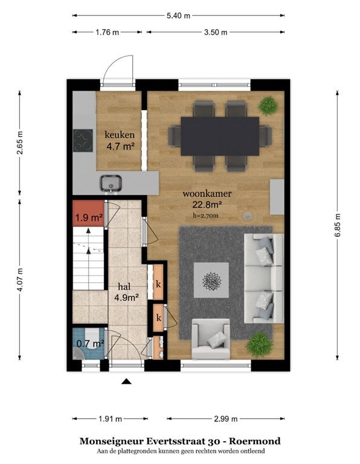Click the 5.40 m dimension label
pyautogui.click(x=178, y=15)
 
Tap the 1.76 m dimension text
pyautogui.click(x=107, y=32)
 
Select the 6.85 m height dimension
pyautogui.click(x=338, y=225)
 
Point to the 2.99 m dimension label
pyautogui.click(x=225, y=419)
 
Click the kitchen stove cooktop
pyautogui.click(x=83, y=141)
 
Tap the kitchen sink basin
pyautogui.click(x=111, y=183)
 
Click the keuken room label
pyautogui.click(x=120, y=135)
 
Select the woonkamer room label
pyautogui.click(x=207, y=194)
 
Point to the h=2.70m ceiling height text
pyautogui.click(x=205, y=216)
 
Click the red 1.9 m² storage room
pyautogui.click(x=88, y=213)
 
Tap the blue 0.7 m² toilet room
pyautogui.click(x=88, y=343)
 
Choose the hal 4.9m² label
pyautogui.click(x=126, y=292)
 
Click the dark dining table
pyautogui.click(x=220, y=136)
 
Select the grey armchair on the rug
pyautogui.click(x=211, y=339)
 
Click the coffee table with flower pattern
pyautogui.click(x=211, y=280)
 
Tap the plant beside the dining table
pyautogui.click(x=268, y=105)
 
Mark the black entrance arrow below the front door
pyautogui.click(x=126, y=381)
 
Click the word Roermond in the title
pyautogui.click(x=255, y=441)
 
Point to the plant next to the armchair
pyautogui.click(x=259, y=344)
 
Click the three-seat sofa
pyautogui.click(x=264, y=278)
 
